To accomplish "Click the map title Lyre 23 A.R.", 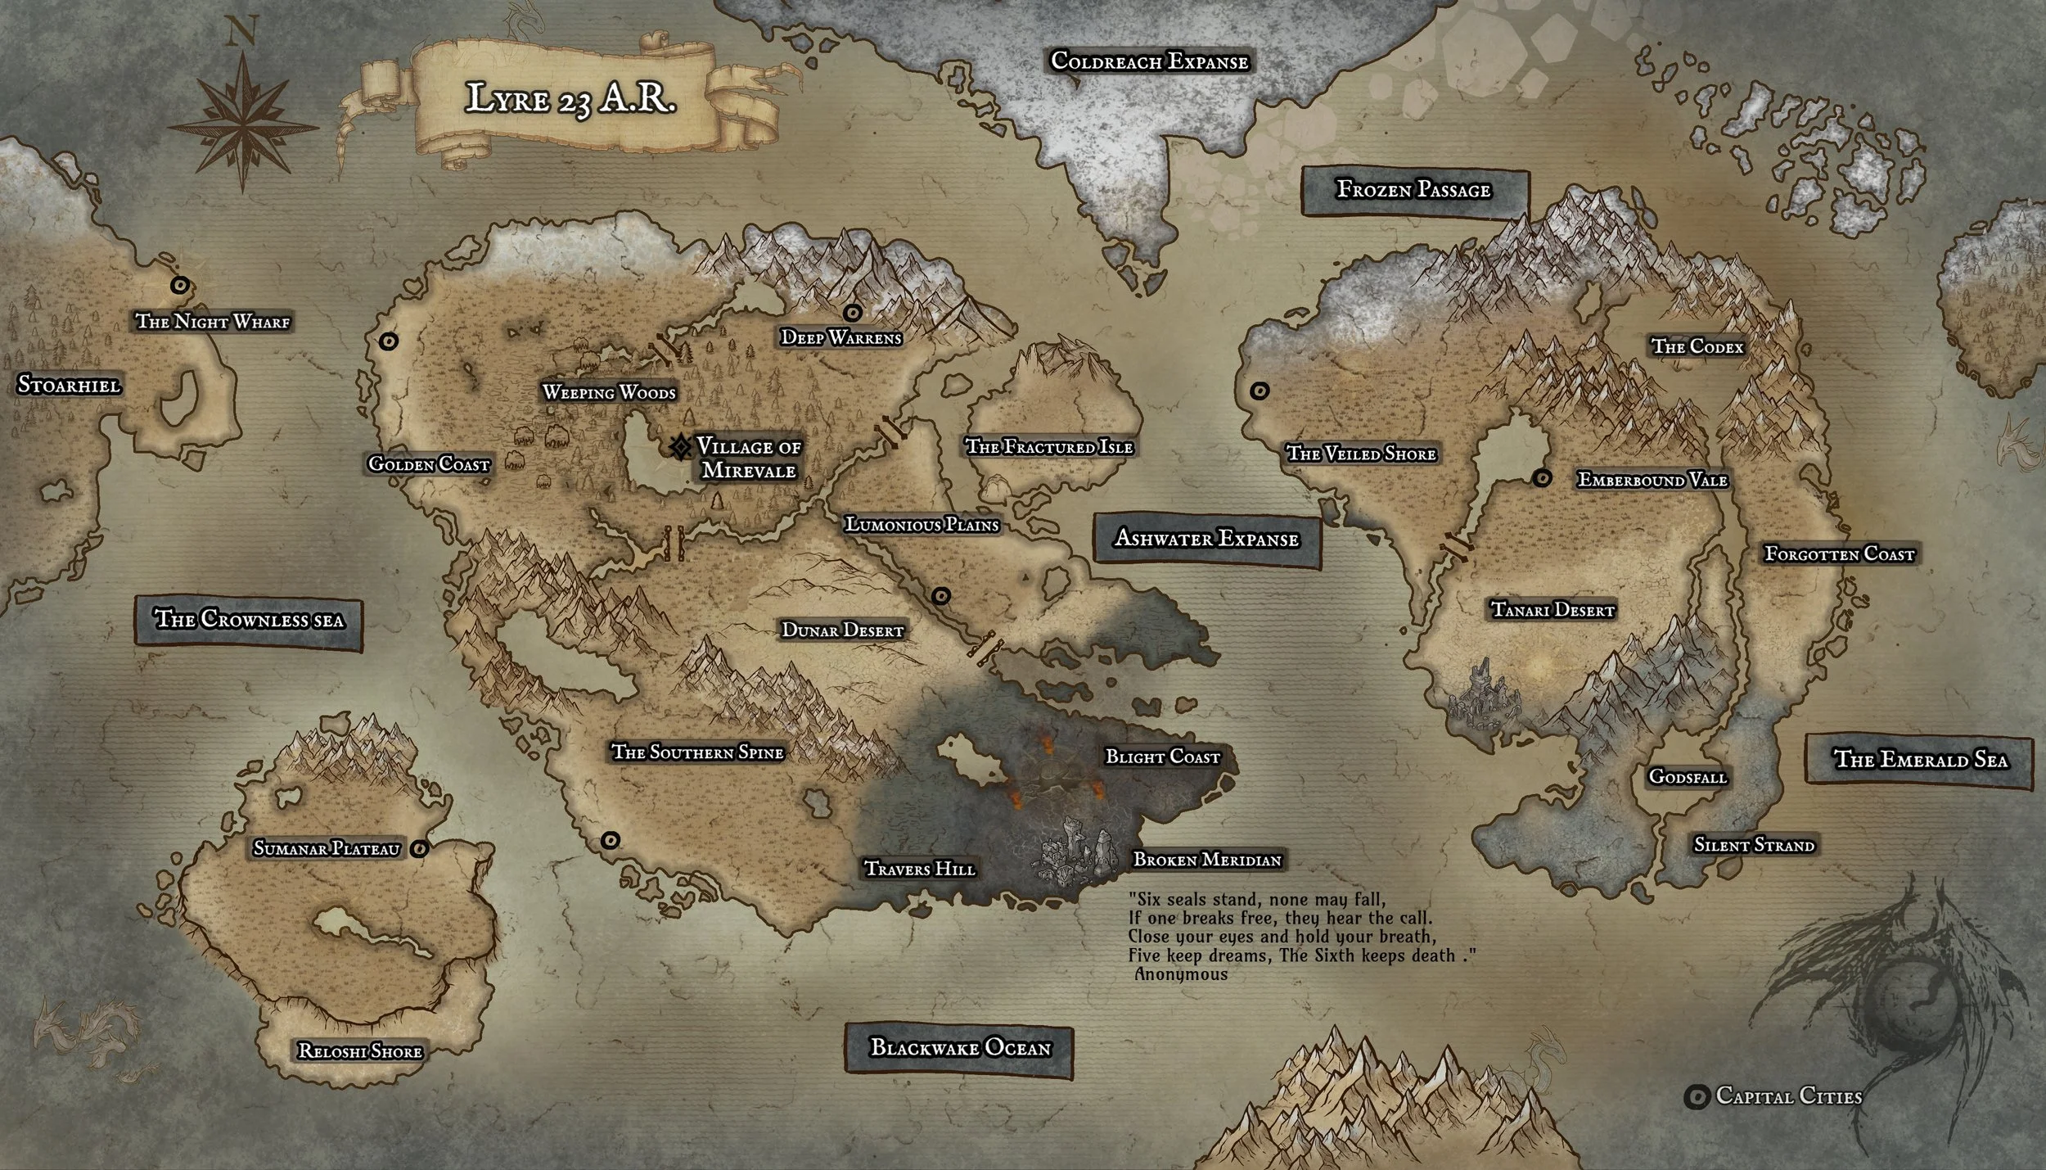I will click(570, 98).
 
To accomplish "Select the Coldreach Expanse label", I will click(1149, 61).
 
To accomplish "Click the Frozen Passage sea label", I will click(1413, 191).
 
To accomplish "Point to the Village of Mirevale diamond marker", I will click(679, 447).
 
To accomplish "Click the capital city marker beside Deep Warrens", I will click(853, 313).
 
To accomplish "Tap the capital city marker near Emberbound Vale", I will click(1542, 478).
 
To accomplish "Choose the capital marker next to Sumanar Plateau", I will click(420, 849).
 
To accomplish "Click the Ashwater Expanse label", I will click(1206, 539).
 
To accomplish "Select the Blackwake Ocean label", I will click(959, 1048).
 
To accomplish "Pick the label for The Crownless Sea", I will click(249, 619).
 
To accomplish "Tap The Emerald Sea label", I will click(1920, 760).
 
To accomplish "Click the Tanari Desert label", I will click(1552, 610).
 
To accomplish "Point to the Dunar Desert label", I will click(842, 630).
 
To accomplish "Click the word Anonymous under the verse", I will click(1180, 974).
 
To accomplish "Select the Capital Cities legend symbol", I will click(1697, 1097).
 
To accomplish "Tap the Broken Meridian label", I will click(1206, 860).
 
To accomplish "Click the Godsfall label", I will click(1687, 776).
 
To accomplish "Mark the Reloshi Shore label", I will click(359, 1051).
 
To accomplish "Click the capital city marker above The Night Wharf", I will click(179, 285).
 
